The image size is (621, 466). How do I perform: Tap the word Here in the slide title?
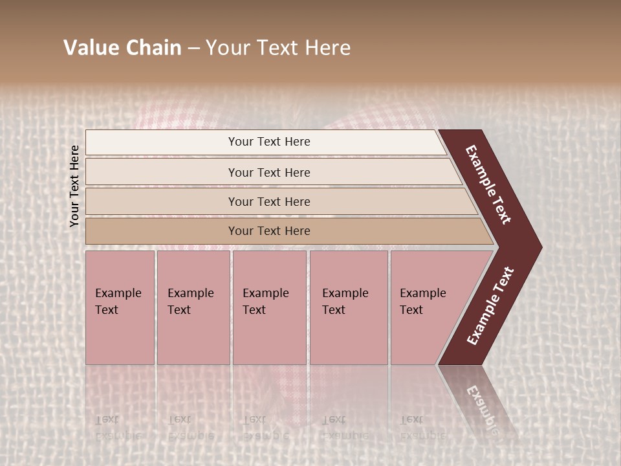(x=327, y=48)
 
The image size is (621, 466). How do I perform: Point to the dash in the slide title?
(x=193, y=49)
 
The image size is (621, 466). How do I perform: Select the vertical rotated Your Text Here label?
(x=74, y=186)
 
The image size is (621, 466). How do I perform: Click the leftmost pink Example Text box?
(x=120, y=307)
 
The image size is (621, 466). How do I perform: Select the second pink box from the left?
(x=193, y=307)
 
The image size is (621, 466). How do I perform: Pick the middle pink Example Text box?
(x=269, y=307)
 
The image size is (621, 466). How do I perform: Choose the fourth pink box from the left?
(x=349, y=307)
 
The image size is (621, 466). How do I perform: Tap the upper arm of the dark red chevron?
(x=489, y=184)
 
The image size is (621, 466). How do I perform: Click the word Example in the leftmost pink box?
(x=118, y=293)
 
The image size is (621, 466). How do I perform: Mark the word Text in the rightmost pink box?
(x=411, y=310)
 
